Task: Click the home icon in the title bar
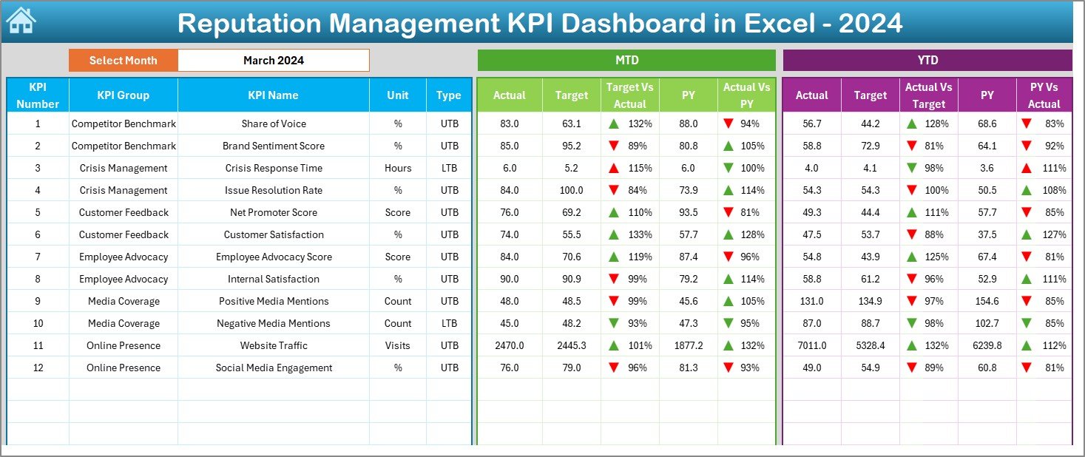click(20, 21)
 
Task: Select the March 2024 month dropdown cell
click(273, 61)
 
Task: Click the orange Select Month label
click(123, 61)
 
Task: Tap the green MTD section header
click(626, 61)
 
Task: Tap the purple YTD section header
click(927, 61)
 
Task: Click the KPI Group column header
click(123, 95)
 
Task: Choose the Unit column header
click(397, 95)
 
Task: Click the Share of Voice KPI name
click(273, 123)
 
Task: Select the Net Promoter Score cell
click(273, 212)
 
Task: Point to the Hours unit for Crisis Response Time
click(397, 168)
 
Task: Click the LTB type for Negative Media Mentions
click(448, 323)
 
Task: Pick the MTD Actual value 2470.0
click(509, 345)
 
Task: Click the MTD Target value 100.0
click(571, 190)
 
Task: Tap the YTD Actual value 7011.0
click(811, 345)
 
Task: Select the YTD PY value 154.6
click(987, 301)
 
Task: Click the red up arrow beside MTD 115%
click(613, 168)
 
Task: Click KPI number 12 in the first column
click(38, 368)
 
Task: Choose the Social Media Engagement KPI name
click(273, 368)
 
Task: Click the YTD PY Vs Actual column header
click(1044, 95)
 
